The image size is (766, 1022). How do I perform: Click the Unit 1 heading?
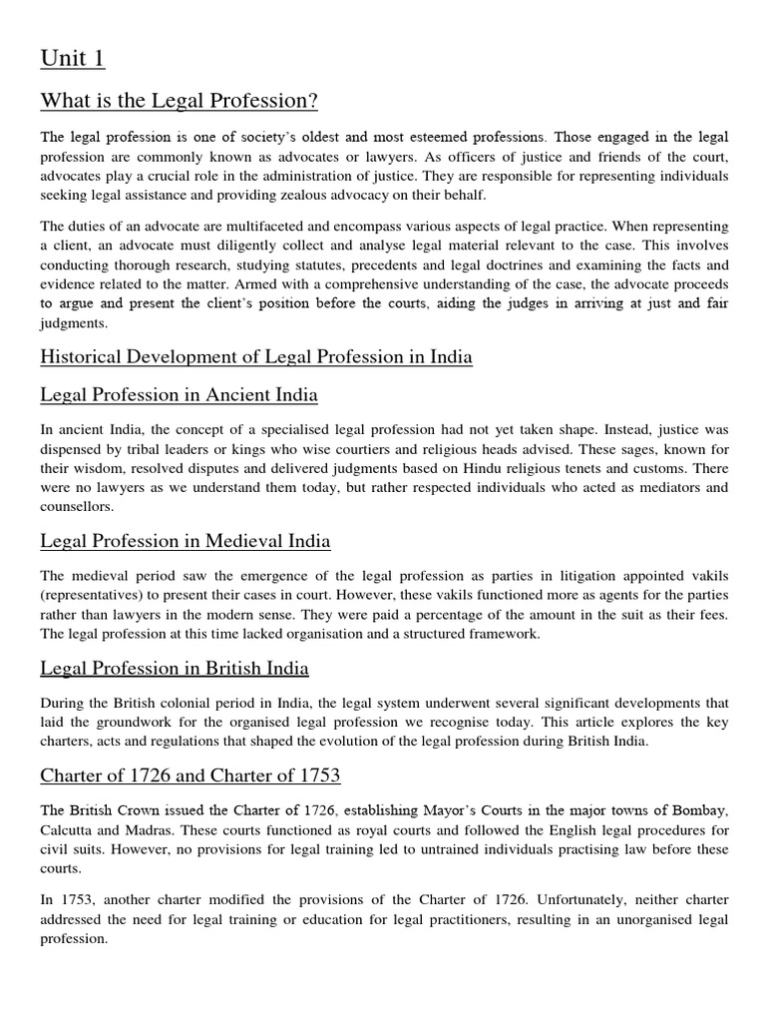click(x=72, y=59)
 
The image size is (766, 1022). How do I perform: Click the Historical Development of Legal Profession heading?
click(x=256, y=357)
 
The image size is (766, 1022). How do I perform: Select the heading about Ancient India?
click(x=179, y=395)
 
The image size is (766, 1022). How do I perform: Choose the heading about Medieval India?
click(x=186, y=541)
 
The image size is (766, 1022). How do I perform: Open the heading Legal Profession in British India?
click(x=175, y=668)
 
